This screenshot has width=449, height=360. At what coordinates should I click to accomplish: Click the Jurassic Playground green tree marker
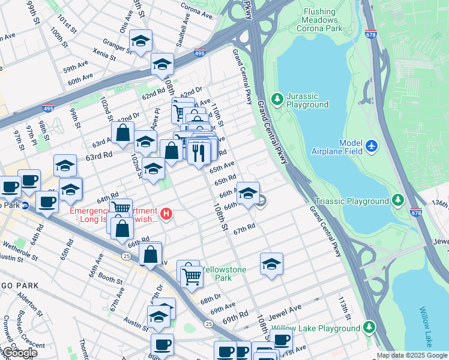[277, 98]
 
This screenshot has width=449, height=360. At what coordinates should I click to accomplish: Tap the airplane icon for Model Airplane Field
[372, 146]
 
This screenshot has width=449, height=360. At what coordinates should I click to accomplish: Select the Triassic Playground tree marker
[397, 200]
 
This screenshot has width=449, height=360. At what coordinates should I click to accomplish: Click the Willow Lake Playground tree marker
[370, 328]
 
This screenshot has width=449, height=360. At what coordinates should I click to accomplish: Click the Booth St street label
[110, 278]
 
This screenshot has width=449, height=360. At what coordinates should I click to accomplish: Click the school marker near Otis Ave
[140, 41]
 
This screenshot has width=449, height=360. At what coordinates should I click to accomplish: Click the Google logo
[20, 353]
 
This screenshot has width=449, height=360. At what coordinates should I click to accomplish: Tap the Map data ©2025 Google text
[411, 355]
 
